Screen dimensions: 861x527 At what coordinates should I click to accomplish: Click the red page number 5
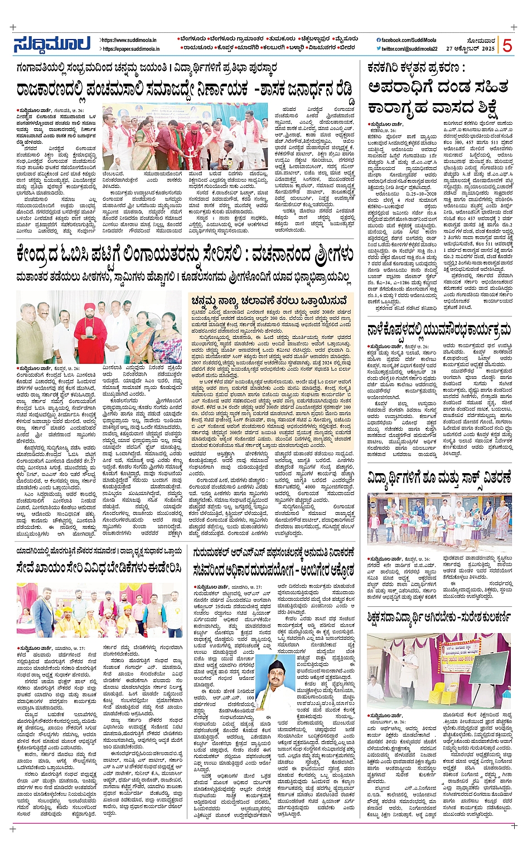click(507, 46)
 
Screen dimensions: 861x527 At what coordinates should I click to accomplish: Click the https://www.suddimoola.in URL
click(129, 40)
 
